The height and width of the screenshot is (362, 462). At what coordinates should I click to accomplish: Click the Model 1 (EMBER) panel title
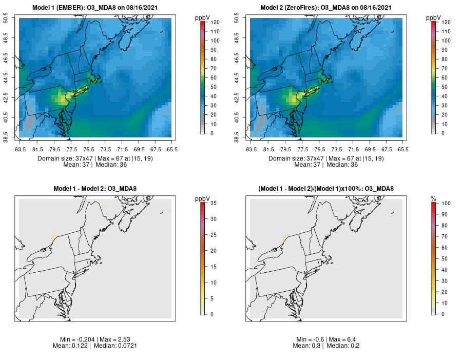tap(95, 8)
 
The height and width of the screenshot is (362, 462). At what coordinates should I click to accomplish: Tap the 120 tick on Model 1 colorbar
tap(215, 22)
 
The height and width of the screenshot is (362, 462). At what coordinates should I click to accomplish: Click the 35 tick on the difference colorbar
tap(213, 203)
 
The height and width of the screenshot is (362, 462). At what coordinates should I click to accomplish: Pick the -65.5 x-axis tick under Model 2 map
tap(402, 149)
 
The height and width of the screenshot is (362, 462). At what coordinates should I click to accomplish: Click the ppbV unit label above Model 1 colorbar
tap(203, 18)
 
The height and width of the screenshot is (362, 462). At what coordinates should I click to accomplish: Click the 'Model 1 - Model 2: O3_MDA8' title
tap(95, 189)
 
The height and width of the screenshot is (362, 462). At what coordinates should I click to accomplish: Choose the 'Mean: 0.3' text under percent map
tap(306, 346)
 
